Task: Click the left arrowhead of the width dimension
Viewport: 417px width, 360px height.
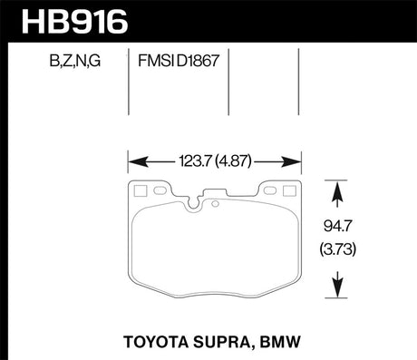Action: tap(132, 163)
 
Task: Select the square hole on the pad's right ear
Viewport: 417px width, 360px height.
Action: tap(289, 190)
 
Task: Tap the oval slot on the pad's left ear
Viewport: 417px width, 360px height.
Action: tap(160, 191)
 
